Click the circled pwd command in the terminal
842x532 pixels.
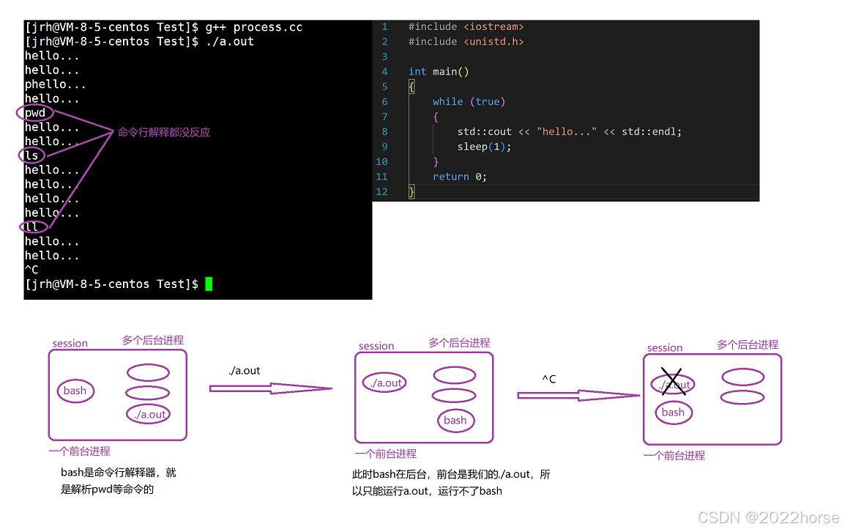[35, 113]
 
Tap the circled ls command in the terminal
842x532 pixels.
[31, 155]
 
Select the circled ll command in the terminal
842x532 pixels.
[31, 226]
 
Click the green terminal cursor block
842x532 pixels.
[209, 284]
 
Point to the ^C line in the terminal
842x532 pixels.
[31, 270]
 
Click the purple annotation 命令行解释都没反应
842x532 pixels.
[164, 133]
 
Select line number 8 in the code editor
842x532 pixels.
[384, 132]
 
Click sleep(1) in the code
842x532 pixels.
[484, 147]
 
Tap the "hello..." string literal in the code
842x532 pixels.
[567, 132]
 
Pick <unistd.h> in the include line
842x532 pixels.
[493, 42]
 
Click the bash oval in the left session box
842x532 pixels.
[75, 391]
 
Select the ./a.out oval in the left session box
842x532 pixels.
[149, 414]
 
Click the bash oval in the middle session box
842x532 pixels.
[455, 420]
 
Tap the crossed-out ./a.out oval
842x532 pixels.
[672, 385]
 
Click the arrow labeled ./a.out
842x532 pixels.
[270, 388]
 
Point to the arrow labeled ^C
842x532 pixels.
[578, 395]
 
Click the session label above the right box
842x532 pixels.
[665, 348]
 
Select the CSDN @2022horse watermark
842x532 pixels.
[768, 518]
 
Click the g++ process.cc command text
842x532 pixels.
[253, 27]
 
